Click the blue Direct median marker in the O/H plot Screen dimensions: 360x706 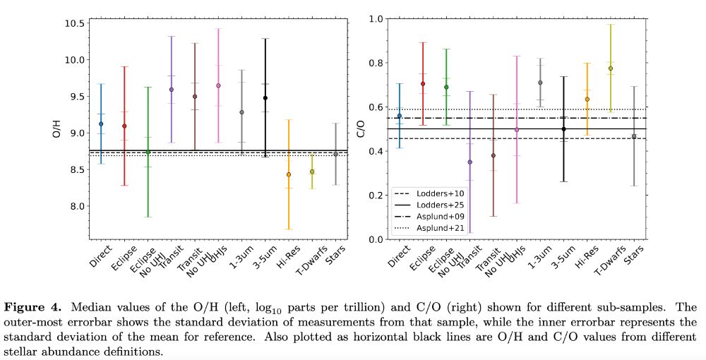tap(101, 124)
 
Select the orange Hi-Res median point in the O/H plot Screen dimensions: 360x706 tap(288, 174)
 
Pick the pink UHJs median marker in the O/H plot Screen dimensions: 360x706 tap(218, 85)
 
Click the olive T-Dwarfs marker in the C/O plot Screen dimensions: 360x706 tap(611, 68)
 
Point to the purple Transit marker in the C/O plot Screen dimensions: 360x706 tap(470, 162)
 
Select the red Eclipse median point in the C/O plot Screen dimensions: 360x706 tap(423, 83)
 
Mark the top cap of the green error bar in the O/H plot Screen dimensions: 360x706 tap(148, 87)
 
